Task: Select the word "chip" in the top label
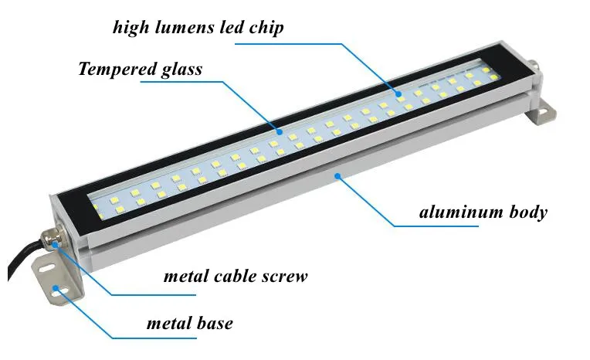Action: pyautogui.click(x=266, y=29)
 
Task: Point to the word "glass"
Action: pyautogui.click(x=178, y=70)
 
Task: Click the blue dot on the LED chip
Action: pyautogui.click(x=400, y=94)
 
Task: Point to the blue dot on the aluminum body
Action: pyautogui.click(x=337, y=177)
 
